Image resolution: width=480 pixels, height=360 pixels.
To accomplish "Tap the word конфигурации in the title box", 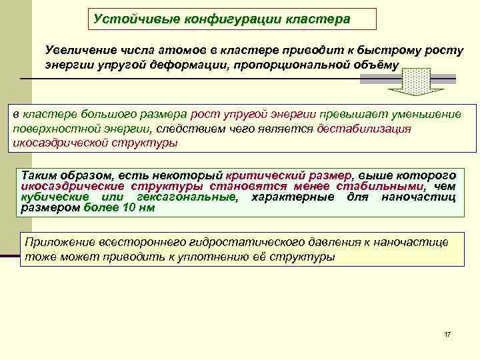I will pyautogui.click(x=227, y=19).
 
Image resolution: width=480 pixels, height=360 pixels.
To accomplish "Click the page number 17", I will pyautogui.click(x=447, y=333).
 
